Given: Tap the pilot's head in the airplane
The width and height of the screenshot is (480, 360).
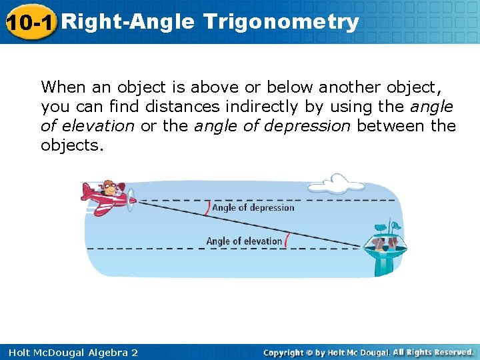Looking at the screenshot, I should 110,187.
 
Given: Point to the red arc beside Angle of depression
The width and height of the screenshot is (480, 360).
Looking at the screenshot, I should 207,207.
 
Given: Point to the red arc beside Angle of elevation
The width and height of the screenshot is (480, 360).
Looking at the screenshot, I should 287,239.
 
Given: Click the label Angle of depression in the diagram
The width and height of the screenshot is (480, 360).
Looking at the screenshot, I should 253,207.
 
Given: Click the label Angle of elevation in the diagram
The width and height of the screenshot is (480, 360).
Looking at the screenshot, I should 244,241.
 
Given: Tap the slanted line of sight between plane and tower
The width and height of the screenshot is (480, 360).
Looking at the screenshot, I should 253,223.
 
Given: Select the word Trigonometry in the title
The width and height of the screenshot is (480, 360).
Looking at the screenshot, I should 281,22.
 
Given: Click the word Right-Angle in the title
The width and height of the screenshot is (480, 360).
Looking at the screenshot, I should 131,22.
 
